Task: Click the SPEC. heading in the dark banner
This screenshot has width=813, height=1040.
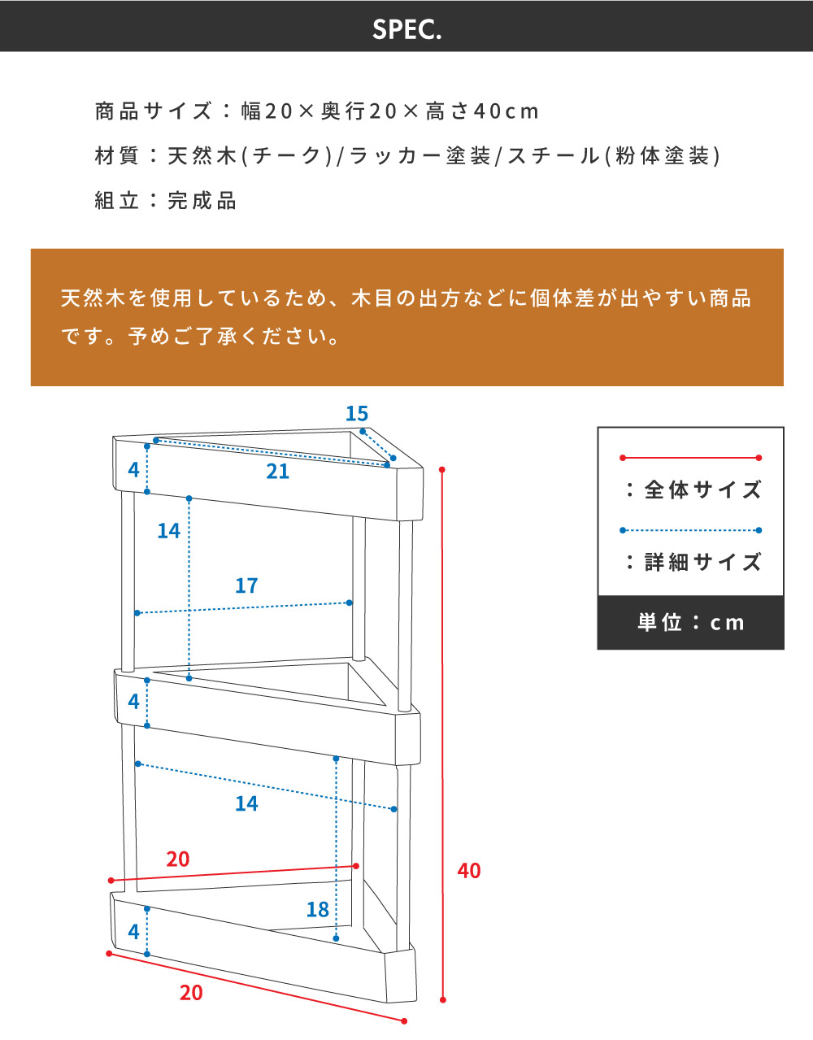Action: pyautogui.click(x=406, y=29)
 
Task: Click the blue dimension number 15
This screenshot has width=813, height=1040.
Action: pyautogui.click(x=357, y=414)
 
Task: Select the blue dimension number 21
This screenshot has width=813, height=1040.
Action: pyautogui.click(x=277, y=472)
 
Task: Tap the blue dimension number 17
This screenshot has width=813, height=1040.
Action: pyautogui.click(x=246, y=585)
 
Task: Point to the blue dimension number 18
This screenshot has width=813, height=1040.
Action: pyautogui.click(x=317, y=910)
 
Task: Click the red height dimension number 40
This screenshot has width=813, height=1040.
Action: pyautogui.click(x=469, y=871)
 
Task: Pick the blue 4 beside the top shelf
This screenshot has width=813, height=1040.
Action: pyautogui.click(x=134, y=470)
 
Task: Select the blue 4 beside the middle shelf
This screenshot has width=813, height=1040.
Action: pyautogui.click(x=134, y=702)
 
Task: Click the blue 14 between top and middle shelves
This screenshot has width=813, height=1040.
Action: pyautogui.click(x=168, y=531)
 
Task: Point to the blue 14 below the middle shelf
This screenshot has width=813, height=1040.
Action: pyautogui.click(x=246, y=804)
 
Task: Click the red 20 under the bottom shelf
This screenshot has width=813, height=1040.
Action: pyautogui.click(x=191, y=993)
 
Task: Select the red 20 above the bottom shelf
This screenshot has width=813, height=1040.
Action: pyautogui.click(x=178, y=859)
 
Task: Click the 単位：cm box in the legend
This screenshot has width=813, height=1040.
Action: pyautogui.click(x=690, y=623)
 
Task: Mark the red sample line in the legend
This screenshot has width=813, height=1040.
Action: pyautogui.click(x=690, y=458)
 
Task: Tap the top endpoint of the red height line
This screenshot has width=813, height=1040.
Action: pyautogui.click(x=442, y=470)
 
